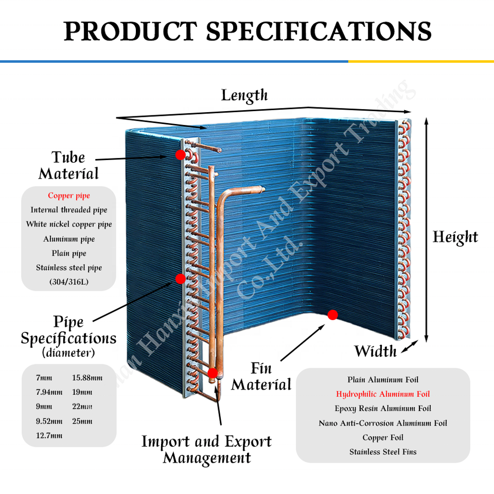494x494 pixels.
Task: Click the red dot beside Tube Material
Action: click(x=180, y=154)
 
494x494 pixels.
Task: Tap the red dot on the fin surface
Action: click(x=332, y=314)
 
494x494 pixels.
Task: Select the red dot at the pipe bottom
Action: click(x=212, y=373)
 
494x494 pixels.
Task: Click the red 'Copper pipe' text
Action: click(x=69, y=196)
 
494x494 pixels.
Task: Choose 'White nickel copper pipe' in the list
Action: click(x=69, y=224)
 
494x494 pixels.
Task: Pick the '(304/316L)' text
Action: click(x=69, y=282)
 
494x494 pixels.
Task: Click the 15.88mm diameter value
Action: click(x=87, y=378)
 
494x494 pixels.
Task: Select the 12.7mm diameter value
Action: click(x=49, y=436)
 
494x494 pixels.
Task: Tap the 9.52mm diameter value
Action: click(x=49, y=421)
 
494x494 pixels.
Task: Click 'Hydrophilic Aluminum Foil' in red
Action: click(x=383, y=394)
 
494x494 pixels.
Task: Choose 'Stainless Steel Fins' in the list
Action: click(x=383, y=452)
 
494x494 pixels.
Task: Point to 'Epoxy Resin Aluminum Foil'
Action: click(x=383, y=409)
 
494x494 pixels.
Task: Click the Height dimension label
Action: click(x=455, y=237)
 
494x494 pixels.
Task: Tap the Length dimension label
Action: click(x=244, y=95)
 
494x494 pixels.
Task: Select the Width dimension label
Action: click(x=376, y=351)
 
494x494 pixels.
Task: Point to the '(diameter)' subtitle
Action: click(x=68, y=353)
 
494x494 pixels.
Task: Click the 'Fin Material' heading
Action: click(x=261, y=377)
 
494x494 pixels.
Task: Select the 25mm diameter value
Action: click(x=82, y=421)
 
